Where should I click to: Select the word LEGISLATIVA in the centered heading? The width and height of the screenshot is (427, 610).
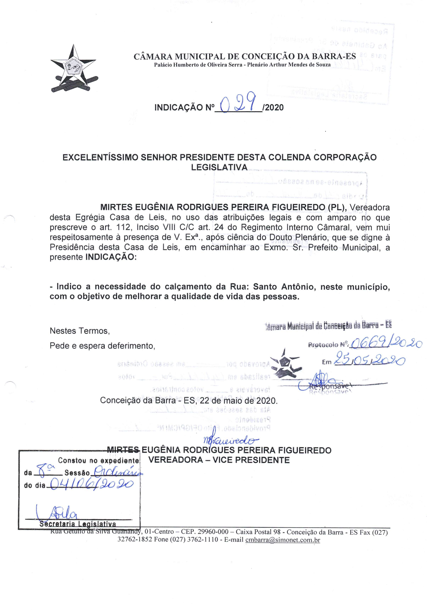[x=219, y=167]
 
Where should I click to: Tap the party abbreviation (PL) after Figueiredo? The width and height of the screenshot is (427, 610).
[x=337, y=207]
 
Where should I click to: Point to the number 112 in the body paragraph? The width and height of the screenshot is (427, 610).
[x=124, y=227]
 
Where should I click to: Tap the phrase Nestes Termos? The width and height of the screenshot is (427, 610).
[x=80, y=331]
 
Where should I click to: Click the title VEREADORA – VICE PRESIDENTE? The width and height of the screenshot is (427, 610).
[x=219, y=460]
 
